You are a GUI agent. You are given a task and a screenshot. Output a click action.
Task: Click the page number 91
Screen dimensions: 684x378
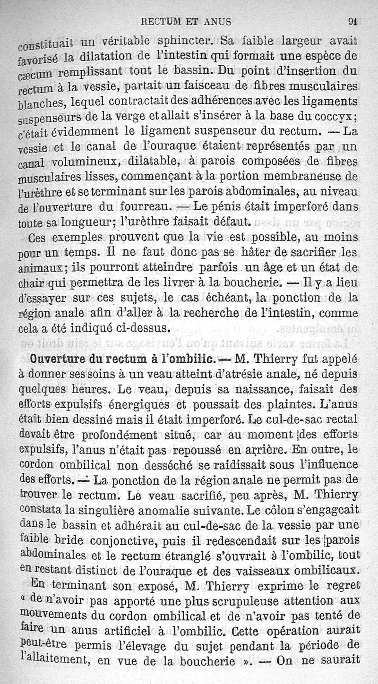tap(352, 21)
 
